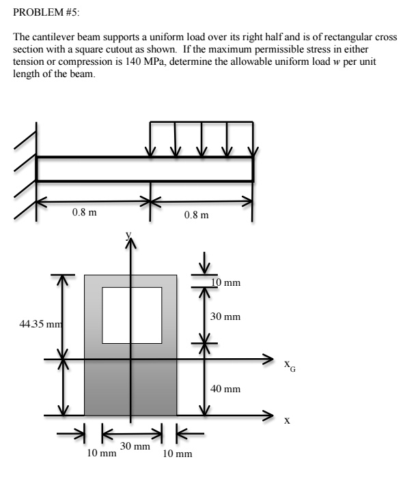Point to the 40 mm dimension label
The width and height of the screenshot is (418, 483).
[x=225, y=389]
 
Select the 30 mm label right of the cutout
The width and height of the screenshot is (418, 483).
[x=225, y=317]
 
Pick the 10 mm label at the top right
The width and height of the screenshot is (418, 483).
[x=225, y=282]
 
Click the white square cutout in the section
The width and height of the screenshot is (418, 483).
[x=132, y=314]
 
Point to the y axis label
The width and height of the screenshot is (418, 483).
[x=127, y=234]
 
